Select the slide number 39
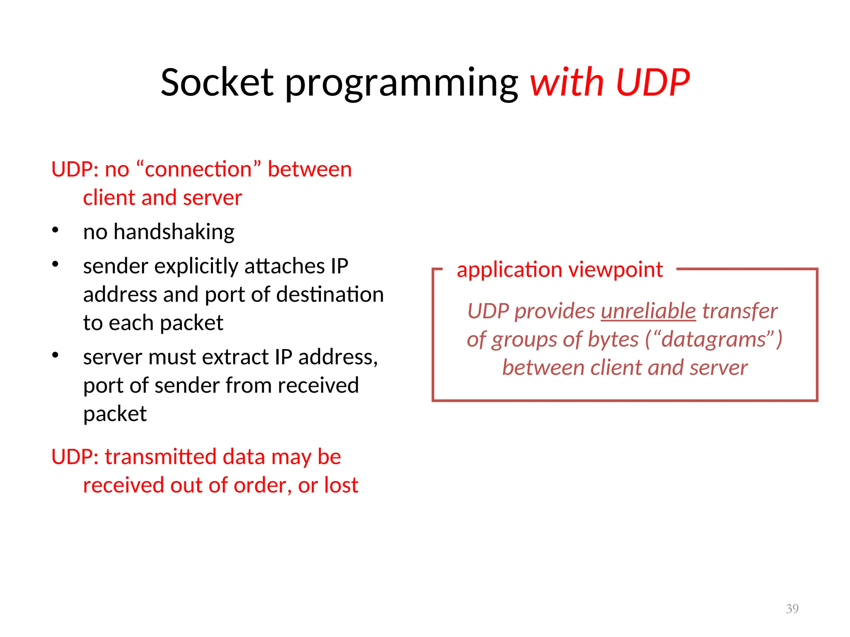click(x=792, y=608)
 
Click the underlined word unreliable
click(x=648, y=311)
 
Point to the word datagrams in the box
click(x=713, y=340)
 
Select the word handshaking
click(x=174, y=231)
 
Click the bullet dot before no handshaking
click(x=55, y=230)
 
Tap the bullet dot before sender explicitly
click(x=55, y=264)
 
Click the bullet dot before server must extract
click(x=55, y=355)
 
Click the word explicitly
click(x=195, y=266)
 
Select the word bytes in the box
click(x=613, y=340)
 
